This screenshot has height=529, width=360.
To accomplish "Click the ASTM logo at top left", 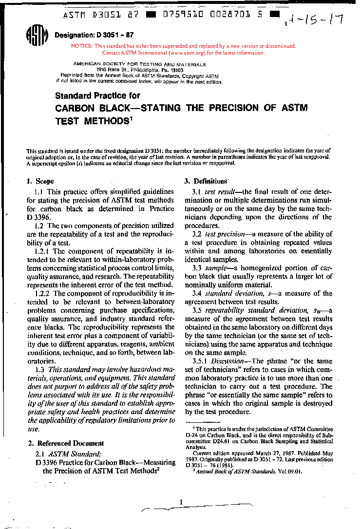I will tap(37, 35).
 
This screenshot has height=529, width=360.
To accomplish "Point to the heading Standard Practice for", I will tap(97, 96).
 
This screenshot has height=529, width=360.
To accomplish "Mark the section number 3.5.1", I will tap(201, 361).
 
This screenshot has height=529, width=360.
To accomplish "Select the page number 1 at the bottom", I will tap(181, 502).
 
